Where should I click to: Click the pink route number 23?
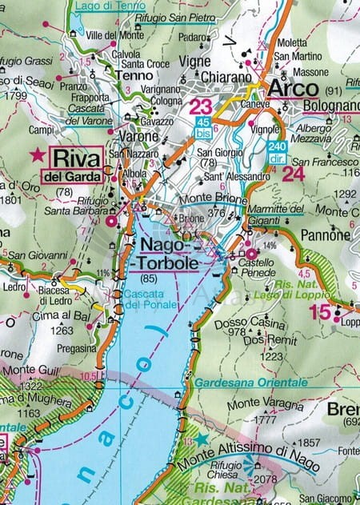coord(202,106)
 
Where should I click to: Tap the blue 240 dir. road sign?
coord(278,150)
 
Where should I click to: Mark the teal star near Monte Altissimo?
coord(201,439)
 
